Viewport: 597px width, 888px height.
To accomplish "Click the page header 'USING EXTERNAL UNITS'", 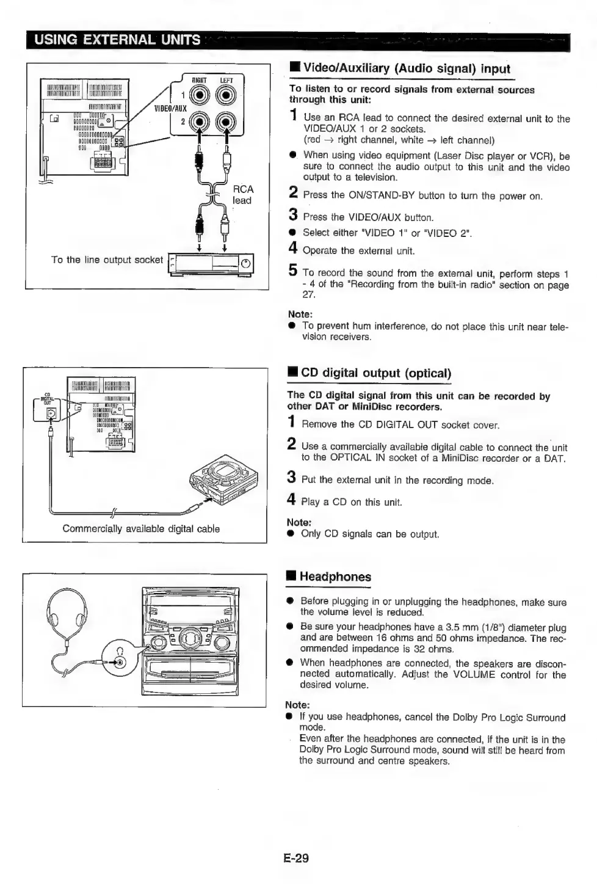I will click(x=117, y=40).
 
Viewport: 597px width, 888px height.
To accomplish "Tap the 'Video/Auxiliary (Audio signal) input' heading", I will click(x=406, y=68).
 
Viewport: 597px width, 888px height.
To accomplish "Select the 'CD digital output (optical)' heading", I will click(x=375, y=373).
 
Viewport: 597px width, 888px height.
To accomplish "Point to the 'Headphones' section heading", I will click(x=335, y=577).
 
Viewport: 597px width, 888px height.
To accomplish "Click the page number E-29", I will click(x=296, y=857).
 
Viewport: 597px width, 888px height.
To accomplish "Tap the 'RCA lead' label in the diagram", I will click(x=242, y=195).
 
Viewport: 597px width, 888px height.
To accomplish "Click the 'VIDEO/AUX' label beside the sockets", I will click(x=170, y=108).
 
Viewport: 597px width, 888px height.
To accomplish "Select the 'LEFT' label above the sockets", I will click(x=226, y=80).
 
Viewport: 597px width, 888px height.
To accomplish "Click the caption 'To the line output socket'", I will click(x=107, y=260).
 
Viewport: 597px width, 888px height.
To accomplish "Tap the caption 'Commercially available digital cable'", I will click(x=141, y=529).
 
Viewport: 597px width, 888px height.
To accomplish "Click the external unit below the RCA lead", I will click(x=211, y=264).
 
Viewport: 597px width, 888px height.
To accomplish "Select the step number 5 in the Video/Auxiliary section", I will click(x=293, y=271).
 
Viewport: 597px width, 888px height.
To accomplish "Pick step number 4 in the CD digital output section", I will click(x=292, y=500).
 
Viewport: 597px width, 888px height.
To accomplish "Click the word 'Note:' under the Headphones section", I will click(x=297, y=705).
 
